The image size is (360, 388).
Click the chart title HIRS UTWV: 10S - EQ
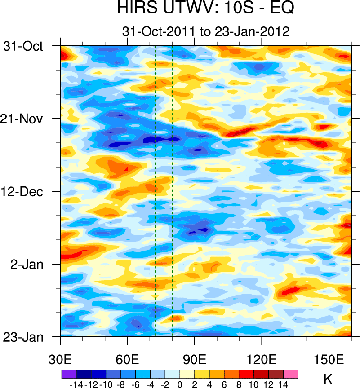click(x=205, y=9)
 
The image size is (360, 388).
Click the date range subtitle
click(x=205, y=31)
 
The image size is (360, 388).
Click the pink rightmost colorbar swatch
click(x=291, y=374)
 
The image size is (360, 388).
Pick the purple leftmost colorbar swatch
click(x=69, y=374)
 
